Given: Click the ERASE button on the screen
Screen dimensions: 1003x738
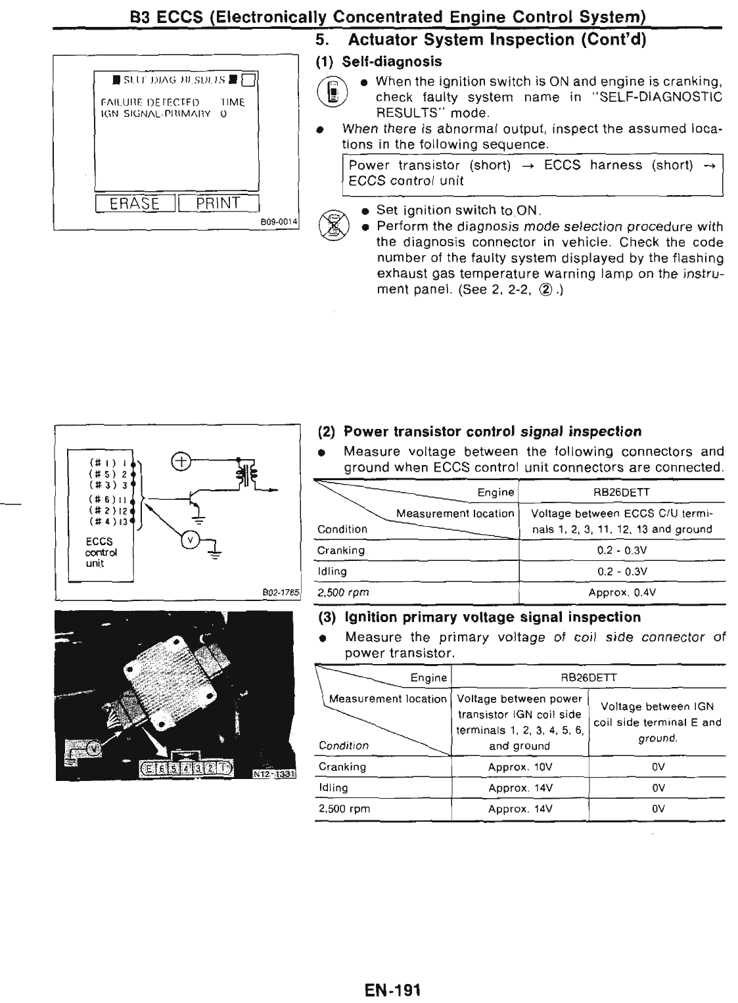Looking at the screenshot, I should pyautogui.click(x=135, y=203).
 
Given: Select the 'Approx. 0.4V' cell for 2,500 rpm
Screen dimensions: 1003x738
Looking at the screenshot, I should pyautogui.click(x=622, y=592).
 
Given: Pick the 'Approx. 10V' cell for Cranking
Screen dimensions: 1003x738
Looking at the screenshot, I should pyautogui.click(x=520, y=767).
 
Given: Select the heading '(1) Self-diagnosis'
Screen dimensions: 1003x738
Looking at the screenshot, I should pyautogui.click(x=379, y=62).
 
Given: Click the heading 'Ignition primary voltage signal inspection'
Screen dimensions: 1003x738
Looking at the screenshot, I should pyautogui.click(x=492, y=617).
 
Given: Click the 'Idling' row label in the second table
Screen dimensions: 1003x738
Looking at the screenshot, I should pyautogui.click(x=333, y=788).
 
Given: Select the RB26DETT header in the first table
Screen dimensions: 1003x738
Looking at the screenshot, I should pyautogui.click(x=622, y=492).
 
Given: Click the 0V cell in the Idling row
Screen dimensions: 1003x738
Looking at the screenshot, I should pyautogui.click(x=657, y=788).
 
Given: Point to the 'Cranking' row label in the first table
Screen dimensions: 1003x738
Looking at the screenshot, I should pyautogui.click(x=340, y=550).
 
